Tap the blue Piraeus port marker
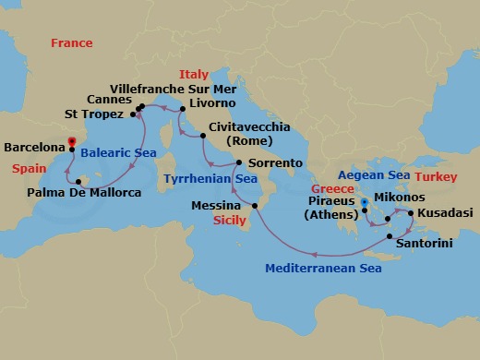point(364,201)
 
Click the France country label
point(72,43)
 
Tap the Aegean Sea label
point(372,175)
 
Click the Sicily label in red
point(229,222)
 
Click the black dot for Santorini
point(389,237)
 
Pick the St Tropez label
point(95,115)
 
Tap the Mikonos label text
point(400,197)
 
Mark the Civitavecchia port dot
point(202,136)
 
